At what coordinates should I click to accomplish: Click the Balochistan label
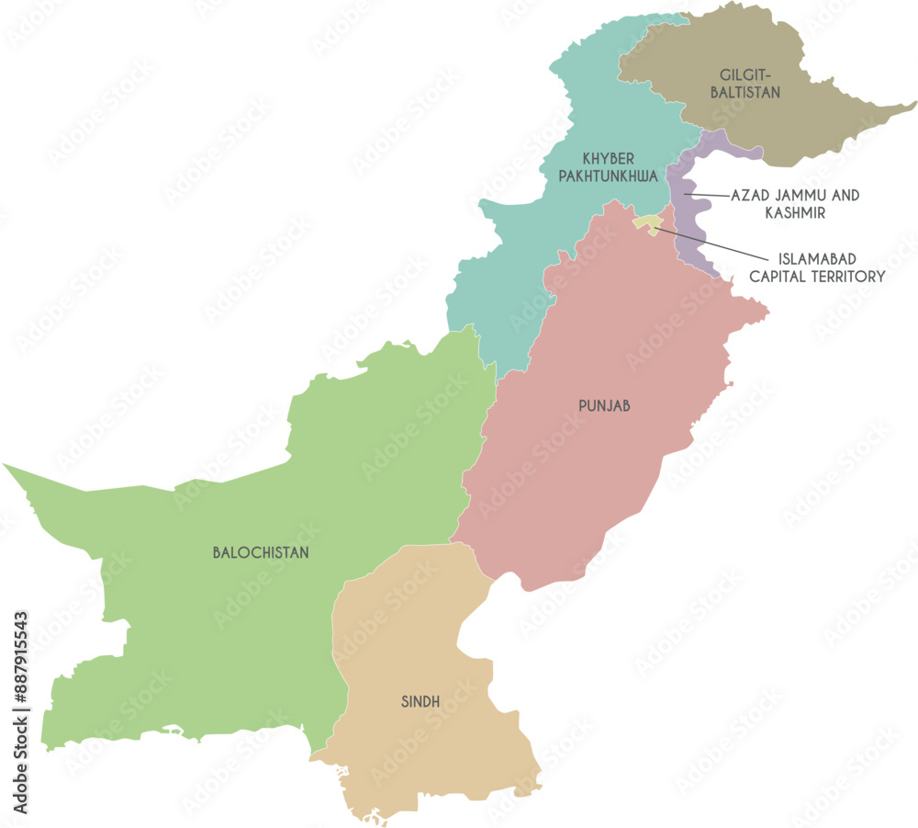pyautogui.click(x=261, y=553)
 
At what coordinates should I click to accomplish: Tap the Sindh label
pyautogui.click(x=420, y=702)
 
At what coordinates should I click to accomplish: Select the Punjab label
pyautogui.click(x=604, y=405)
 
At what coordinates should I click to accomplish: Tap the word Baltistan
pyautogui.click(x=750, y=92)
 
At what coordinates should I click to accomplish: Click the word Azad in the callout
pyautogui.click(x=750, y=196)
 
